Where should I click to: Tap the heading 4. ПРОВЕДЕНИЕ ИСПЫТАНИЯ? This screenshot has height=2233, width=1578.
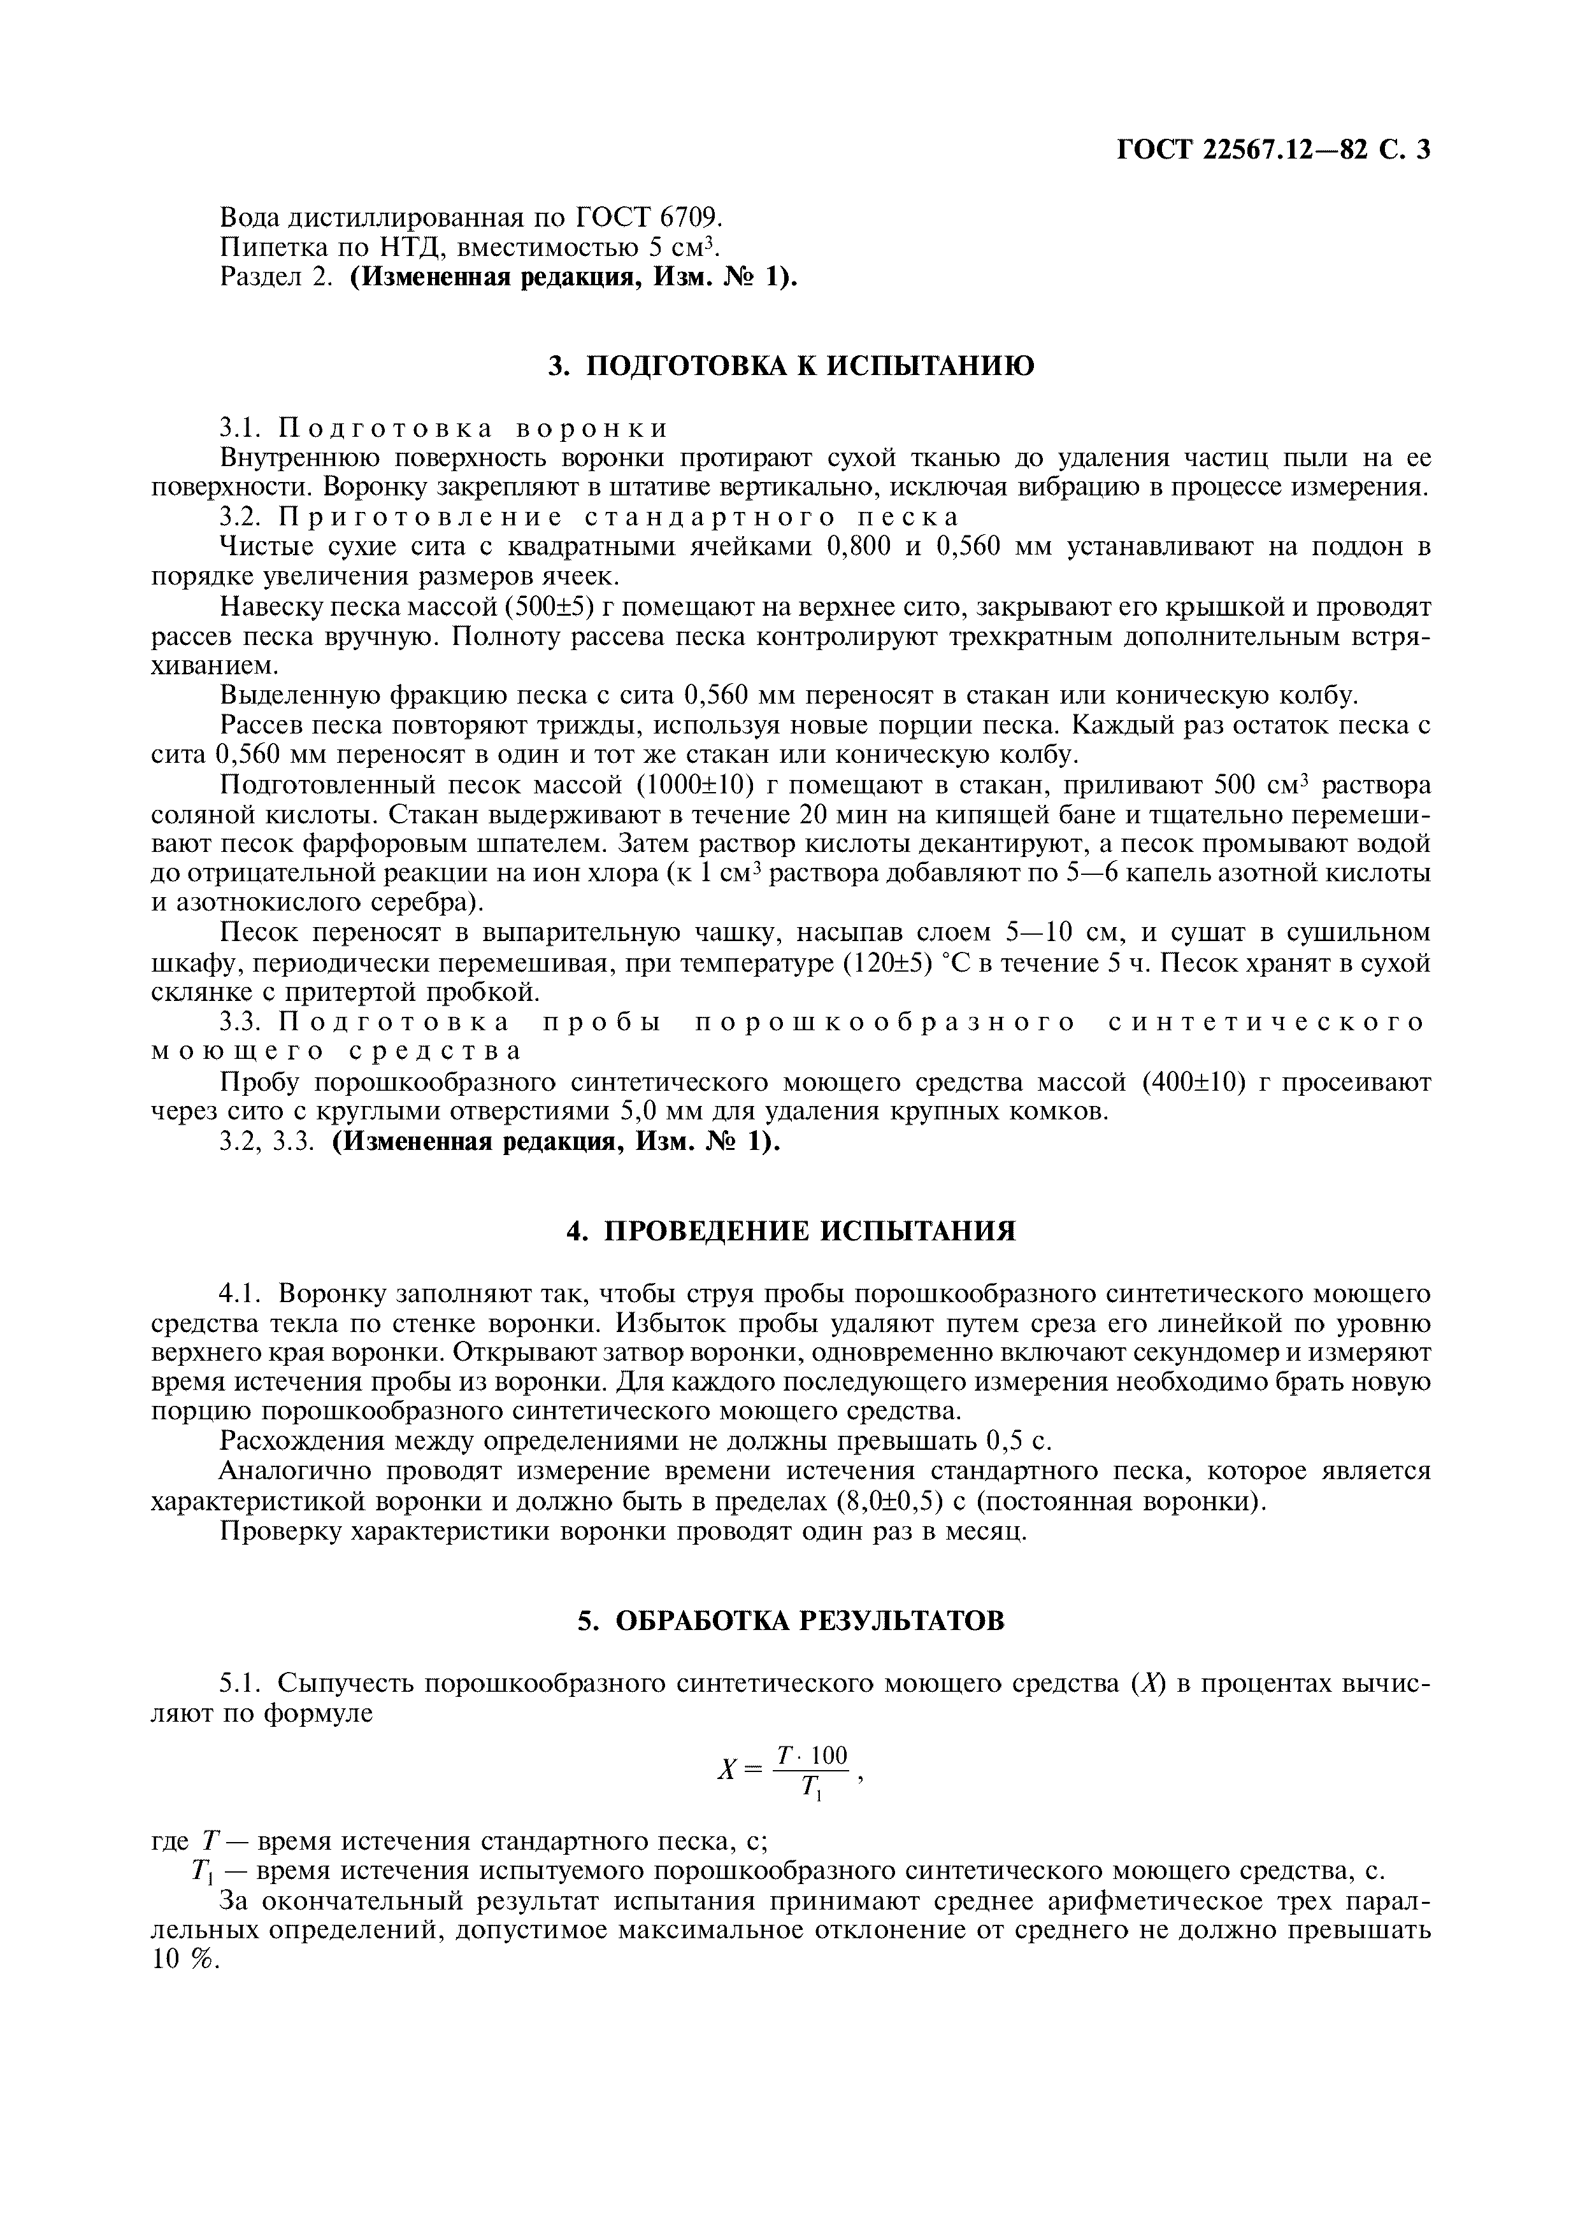coord(790,1231)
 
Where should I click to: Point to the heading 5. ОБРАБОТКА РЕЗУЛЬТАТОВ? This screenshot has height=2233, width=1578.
coord(790,1620)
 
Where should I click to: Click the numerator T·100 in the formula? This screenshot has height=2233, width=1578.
coord(812,1755)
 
